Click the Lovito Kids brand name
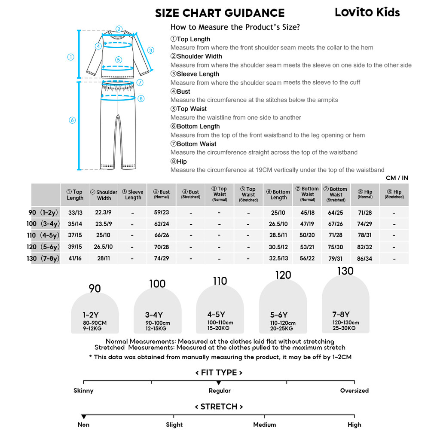(367, 12)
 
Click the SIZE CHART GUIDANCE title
(220, 13)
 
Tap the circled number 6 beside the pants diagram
(72, 120)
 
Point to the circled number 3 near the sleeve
(150, 50)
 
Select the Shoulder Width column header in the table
(104, 195)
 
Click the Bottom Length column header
(278, 195)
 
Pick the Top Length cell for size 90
(75, 212)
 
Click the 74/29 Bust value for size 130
(162, 259)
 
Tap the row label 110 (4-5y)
(43, 235)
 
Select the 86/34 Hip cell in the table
(365, 259)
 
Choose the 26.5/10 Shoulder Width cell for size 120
(104, 247)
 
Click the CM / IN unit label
(397, 178)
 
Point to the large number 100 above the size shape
(157, 284)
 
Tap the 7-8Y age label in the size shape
(341, 315)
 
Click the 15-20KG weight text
(218, 328)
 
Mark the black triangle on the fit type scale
(219, 382)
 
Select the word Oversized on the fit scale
(354, 391)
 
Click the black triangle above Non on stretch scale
(83, 416)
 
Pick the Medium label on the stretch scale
(264, 425)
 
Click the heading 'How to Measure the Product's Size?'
(235, 27)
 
